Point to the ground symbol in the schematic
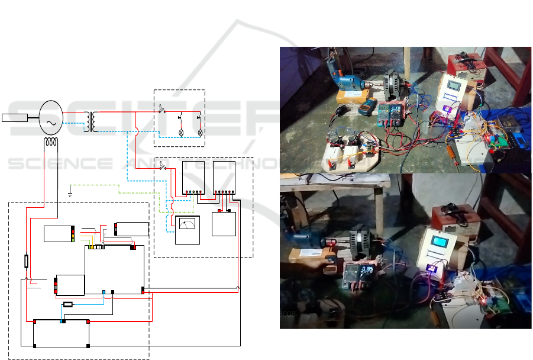[70, 192]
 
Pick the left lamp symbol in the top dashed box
[181, 131]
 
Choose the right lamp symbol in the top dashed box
[200, 131]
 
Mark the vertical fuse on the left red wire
[26, 261]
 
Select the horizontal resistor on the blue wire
[68, 304]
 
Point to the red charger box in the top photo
[466, 66]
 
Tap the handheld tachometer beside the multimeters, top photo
[366, 108]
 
